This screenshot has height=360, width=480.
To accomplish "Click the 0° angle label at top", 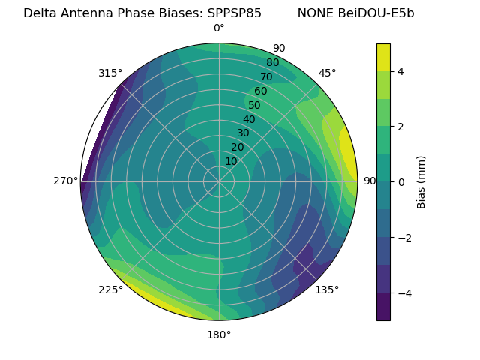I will [219, 28].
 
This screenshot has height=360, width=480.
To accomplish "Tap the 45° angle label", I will [327, 73].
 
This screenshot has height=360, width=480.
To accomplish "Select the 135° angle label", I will [327, 289].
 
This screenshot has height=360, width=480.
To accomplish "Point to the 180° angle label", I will [219, 334].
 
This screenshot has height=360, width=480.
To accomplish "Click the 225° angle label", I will [110, 290].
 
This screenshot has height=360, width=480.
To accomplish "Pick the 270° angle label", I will [66, 181].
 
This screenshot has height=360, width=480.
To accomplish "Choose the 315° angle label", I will [110, 73].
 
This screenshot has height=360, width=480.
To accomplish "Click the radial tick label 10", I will [231, 161].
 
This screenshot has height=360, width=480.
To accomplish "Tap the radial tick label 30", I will [243, 133].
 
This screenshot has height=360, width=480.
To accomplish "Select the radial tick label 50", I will [255, 105].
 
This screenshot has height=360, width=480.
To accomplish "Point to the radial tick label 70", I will [266, 76].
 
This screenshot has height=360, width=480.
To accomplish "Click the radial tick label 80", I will [272, 63].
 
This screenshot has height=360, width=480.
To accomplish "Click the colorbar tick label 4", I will [400, 71].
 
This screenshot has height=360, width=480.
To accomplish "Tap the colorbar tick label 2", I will [400, 127].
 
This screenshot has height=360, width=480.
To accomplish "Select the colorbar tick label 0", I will [400, 182].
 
